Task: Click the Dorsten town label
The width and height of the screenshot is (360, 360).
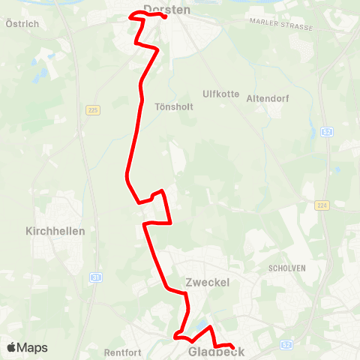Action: click(166, 10)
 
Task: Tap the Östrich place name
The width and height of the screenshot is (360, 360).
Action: click(22, 24)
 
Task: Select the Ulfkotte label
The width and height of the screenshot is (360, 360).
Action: click(220, 94)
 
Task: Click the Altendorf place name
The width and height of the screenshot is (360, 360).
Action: click(267, 98)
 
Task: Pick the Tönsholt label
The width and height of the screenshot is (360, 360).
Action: click(173, 106)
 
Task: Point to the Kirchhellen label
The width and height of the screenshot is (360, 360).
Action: click(55, 231)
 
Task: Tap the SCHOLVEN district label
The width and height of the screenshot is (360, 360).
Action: click(284, 267)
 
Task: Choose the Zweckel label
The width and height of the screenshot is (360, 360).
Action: click(206, 283)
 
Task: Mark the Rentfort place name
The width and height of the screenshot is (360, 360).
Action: click(124, 351)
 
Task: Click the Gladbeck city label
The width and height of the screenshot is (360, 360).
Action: click(217, 351)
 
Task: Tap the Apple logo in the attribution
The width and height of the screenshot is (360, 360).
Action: click(11, 347)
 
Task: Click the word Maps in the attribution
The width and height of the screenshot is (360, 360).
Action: click(33, 347)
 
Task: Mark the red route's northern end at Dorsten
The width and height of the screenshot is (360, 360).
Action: click(165, 17)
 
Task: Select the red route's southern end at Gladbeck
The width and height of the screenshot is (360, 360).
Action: click(232, 346)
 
